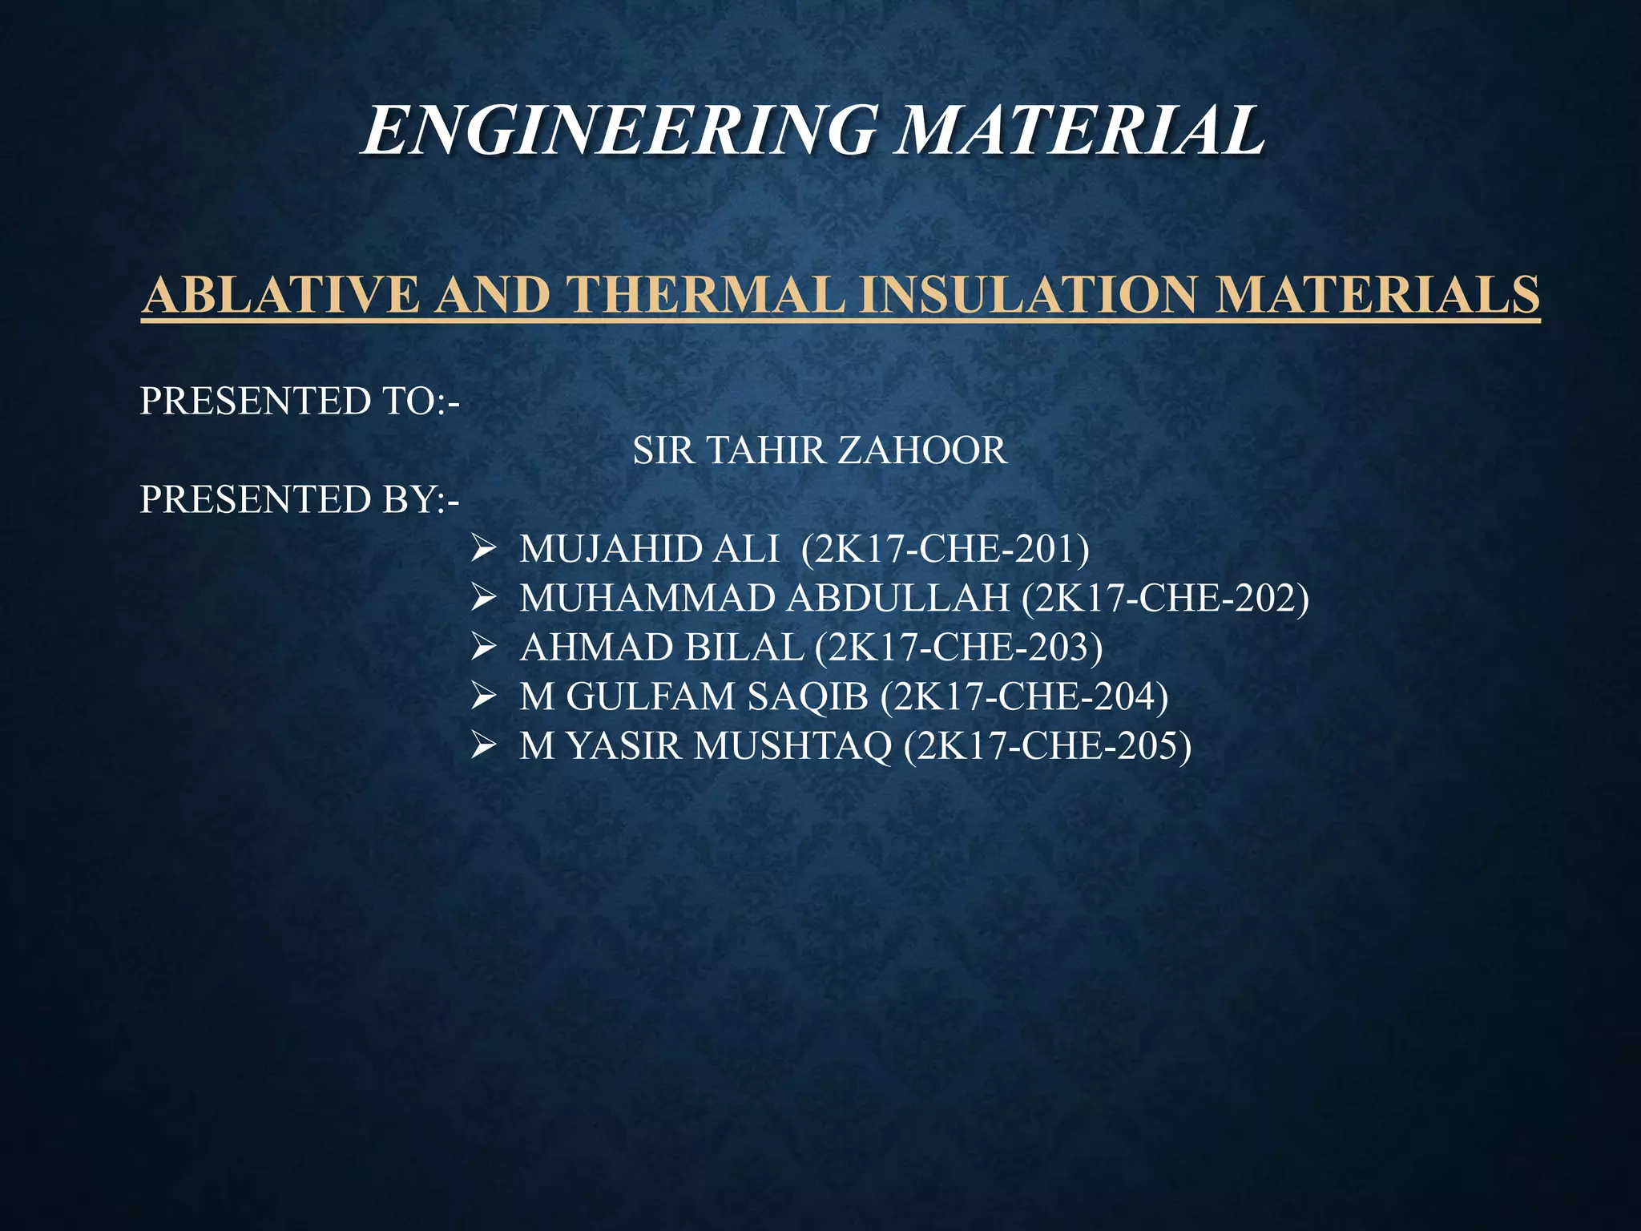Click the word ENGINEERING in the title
tap(618, 131)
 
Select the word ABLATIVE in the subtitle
tap(280, 294)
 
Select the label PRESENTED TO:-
tap(300, 401)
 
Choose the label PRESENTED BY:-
tap(300, 499)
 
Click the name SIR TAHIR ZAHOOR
tap(819, 450)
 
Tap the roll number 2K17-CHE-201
tap(945, 550)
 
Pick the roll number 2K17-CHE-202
tap(1166, 599)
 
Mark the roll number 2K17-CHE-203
tap(959, 648)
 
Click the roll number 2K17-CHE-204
tap(1025, 697)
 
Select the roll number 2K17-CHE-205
tap(1048, 746)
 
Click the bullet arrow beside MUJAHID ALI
tap(485, 550)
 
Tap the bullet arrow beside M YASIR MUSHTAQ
tap(485, 746)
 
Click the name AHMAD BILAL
tap(661, 648)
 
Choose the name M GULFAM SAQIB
tap(694, 697)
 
